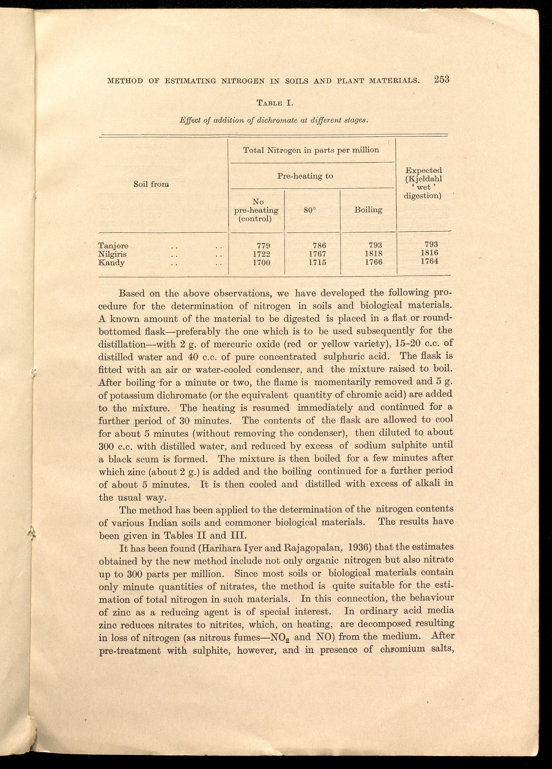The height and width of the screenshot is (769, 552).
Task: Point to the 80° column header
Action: click(310, 210)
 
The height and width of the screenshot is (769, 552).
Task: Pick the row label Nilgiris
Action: click(112, 254)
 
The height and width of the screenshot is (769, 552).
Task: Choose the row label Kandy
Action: click(111, 262)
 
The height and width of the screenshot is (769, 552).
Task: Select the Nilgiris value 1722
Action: click(261, 254)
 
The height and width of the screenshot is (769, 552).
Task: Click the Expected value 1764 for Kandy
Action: click(430, 261)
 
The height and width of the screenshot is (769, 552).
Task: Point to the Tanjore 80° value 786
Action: click(319, 245)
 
